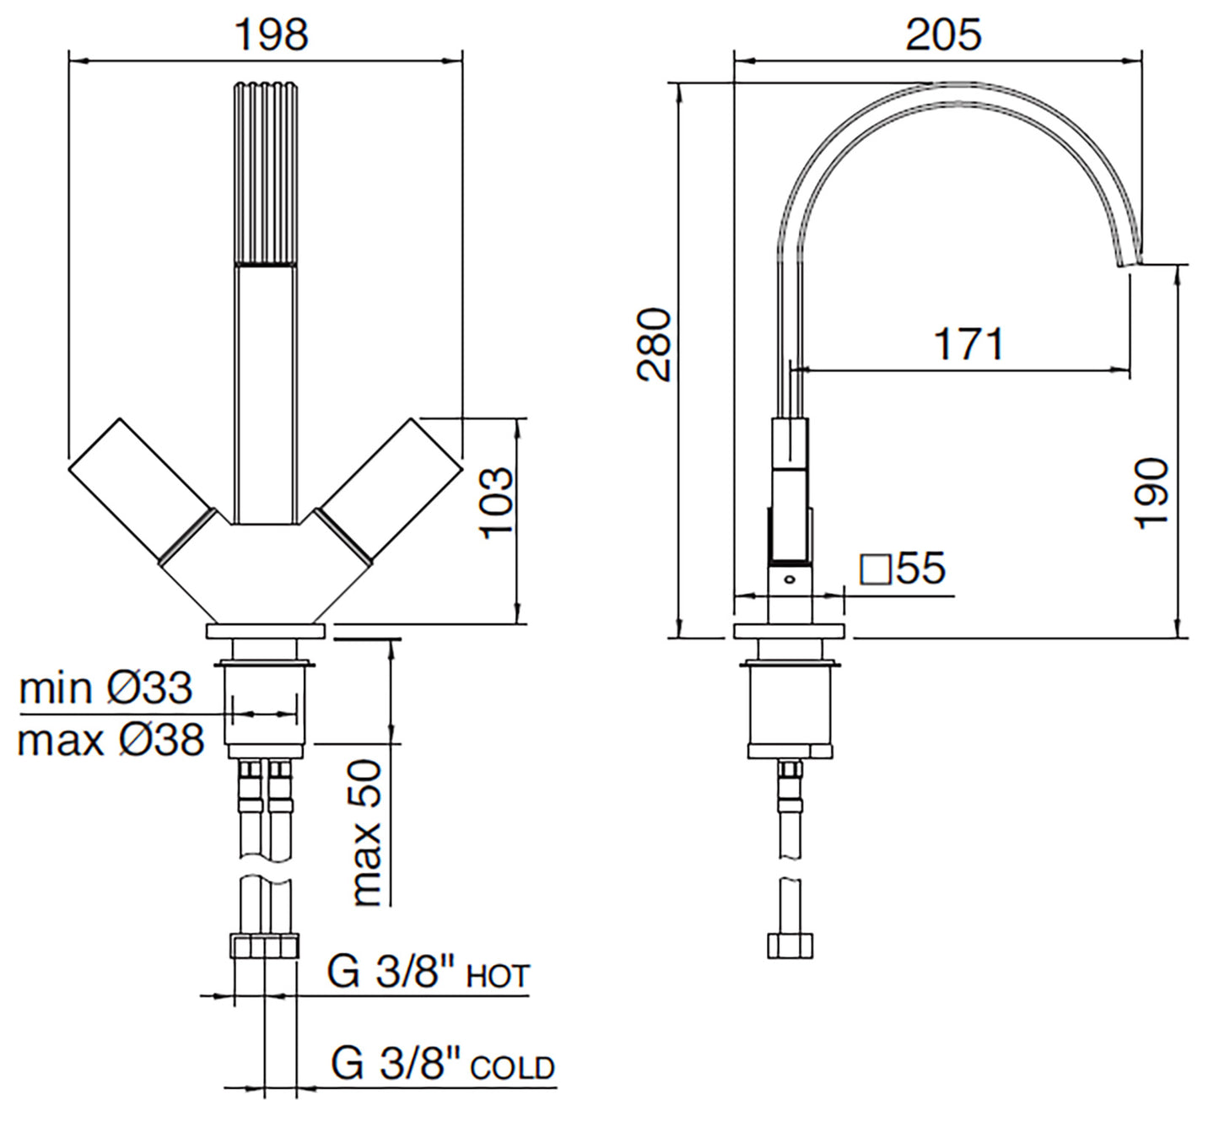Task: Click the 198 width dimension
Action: (x=272, y=35)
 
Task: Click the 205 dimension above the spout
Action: (x=943, y=35)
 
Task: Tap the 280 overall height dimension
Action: (x=654, y=345)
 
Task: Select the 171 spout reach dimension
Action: (x=968, y=344)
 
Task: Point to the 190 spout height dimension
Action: (x=1152, y=493)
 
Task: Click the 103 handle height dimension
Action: (x=497, y=503)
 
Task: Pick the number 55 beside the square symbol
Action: (x=921, y=568)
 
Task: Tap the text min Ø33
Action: (x=105, y=687)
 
